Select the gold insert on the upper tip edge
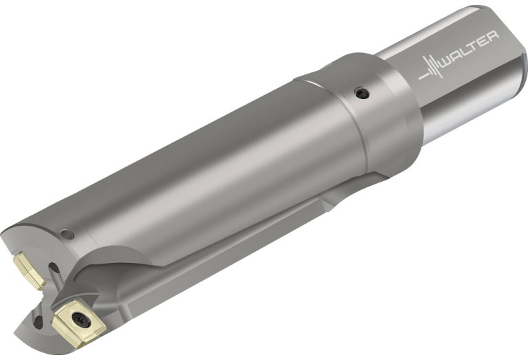pyautogui.click(x=29, y=271)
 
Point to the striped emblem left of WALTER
pyautogui.click(x=431, y=68)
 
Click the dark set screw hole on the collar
pyautogui.click(x=362, y=93)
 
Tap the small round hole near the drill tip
pyautogui.click(x=67, y=235)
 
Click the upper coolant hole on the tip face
pyautogui.click(x=54, y=268)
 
